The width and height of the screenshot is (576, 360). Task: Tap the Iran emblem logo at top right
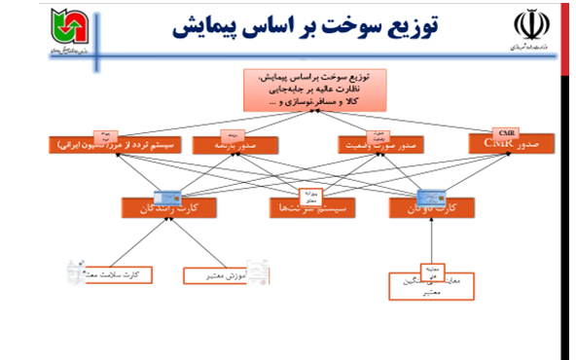click(524, 26)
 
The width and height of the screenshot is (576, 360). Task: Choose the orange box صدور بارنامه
click(232, 145)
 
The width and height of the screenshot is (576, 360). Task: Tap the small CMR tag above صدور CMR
click(506, 132)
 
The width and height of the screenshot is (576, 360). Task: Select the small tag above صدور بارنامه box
click(233, 134)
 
